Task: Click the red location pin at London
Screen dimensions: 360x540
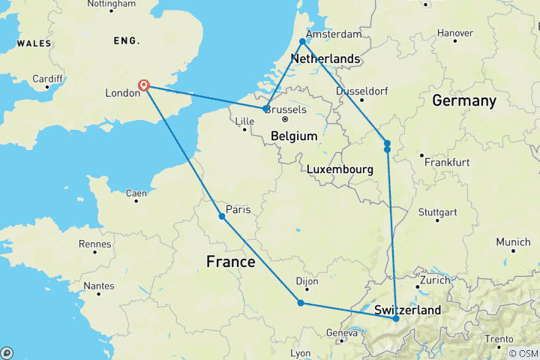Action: pos(143,85)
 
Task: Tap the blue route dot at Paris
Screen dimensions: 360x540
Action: pos(222,217)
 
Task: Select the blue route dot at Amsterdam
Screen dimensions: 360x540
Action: pos(303,42)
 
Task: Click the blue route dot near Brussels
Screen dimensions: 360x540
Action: pos(266,109)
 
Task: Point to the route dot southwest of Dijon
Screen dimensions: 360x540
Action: pos(301,303)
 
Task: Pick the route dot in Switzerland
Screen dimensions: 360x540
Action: pos(396,319)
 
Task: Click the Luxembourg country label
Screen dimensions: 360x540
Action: pos(340,169)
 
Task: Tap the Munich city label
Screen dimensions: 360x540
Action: pos(513,242)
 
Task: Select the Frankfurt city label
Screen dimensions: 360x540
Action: pos(447,162)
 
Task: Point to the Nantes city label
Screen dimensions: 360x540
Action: pos(99,285)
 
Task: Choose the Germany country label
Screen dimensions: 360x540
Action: pos(463,100)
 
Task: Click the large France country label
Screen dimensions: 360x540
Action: pos(230,262)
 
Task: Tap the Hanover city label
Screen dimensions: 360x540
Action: pos(455,33)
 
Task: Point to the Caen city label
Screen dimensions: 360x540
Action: pos(136,193)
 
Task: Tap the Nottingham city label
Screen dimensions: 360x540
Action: pos(111,4)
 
